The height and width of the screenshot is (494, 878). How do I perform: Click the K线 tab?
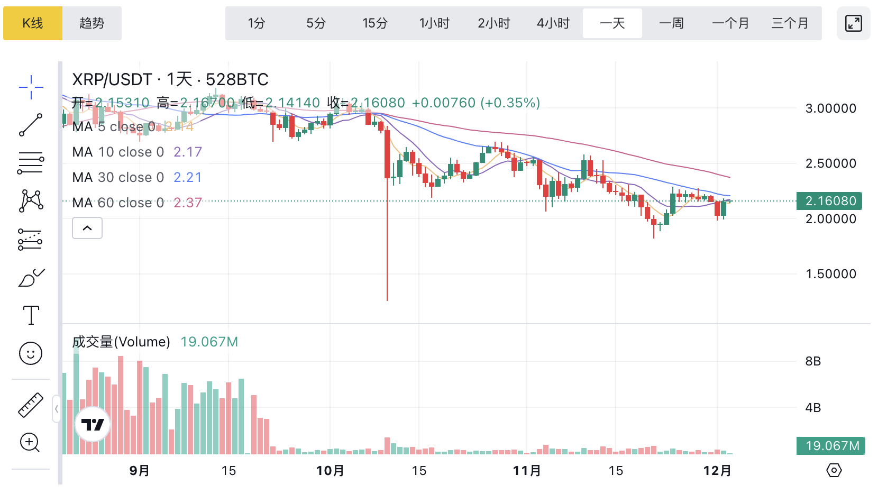pyautogui.click(x=33, y=23)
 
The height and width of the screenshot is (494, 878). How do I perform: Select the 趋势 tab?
pyautogui.click(x=92, y=23)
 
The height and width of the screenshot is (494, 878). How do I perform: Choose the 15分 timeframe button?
pyautogui.click(x=375, y=23)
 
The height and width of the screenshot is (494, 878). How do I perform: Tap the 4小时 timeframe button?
pyautogui.click(x=553, y=23)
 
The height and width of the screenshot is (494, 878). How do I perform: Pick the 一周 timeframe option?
pyautogui.click(x=672, y=23)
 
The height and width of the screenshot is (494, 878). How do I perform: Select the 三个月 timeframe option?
pyautogui.click(x=790, y=23)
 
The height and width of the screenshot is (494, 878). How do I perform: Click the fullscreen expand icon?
pyautogui.click(x=853, y=23)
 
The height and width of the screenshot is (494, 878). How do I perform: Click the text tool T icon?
pyautogui.click(x=31, y=315)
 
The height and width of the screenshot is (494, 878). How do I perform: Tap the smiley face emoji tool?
pyautogui.click(x=31, y=353)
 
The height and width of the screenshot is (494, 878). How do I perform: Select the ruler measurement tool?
pyautogui.click(x=31, y=405)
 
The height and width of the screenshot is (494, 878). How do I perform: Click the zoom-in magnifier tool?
pyautogui.click(x=30, y=443)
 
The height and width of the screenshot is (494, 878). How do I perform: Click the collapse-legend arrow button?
pyautogui.click(x=87, y=228)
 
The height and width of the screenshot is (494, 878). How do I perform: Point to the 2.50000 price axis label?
pyautogui.click(x=830, y=163)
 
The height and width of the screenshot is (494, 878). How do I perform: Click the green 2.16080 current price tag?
pyautogui.click(x=829, y=201)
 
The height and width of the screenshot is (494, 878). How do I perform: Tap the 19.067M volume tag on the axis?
pyautogui.click(x=831, y=446)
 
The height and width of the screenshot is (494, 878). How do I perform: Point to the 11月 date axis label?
pyautogui.click(x=527, y=470)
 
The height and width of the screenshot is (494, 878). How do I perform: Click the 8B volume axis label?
pyautogui.click(x=813, y=361)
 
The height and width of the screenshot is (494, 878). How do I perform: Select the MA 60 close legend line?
pyautogui.click(x=137, y=203)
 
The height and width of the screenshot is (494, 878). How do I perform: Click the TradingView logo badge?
pyautogui.click(x=93, y=424)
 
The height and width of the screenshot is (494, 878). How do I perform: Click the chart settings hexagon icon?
pyautogui.click(x=834, y=470)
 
